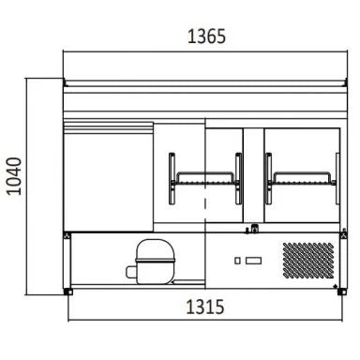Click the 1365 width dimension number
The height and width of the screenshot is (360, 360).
(x=206, y=36)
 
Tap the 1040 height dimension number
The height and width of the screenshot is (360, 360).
(x=14, y=176)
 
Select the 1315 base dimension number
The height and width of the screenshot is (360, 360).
(x=205, y=307)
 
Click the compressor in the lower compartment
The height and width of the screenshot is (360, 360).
(x=155, y=262)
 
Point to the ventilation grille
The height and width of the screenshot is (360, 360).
(x=308, y=261)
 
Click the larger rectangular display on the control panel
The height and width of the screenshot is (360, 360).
(x=253, y=261)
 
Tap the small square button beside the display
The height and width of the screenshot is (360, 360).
(x=237, y=261)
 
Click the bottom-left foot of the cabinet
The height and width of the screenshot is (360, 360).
(x=68, y=292)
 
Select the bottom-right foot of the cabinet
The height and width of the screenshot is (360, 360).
(x=342, y=292)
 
